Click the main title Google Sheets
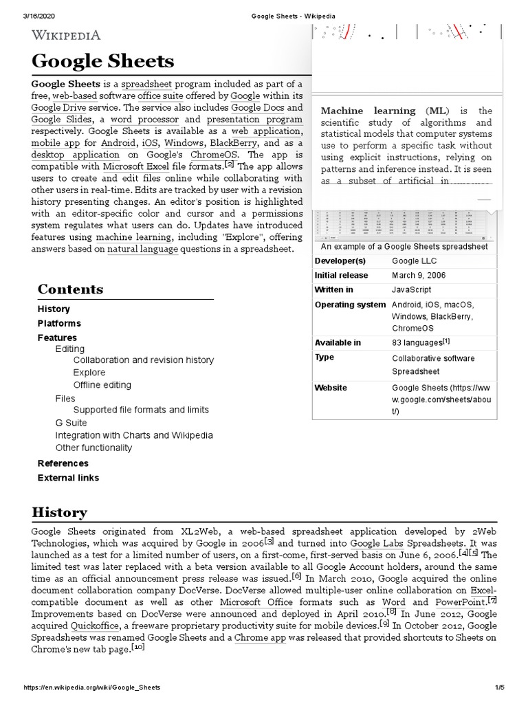click(x=103, y=60)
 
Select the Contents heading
click(x=70, y=289)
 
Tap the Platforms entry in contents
click(x=59, y=323)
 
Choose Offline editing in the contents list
click(x=102, y=384)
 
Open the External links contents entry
click(x=68, y=478)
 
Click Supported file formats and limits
click(x=141, y=410)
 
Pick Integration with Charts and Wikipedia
click(x=134, y=435)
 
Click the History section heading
click(x=60, y=512)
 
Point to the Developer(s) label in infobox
click(x=340, y=261)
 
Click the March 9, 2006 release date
click(x=419, y=275)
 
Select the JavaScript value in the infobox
click(x=412, y=290)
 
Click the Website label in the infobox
click(x=331, y=388)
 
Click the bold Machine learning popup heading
click(x=368, y=111)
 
